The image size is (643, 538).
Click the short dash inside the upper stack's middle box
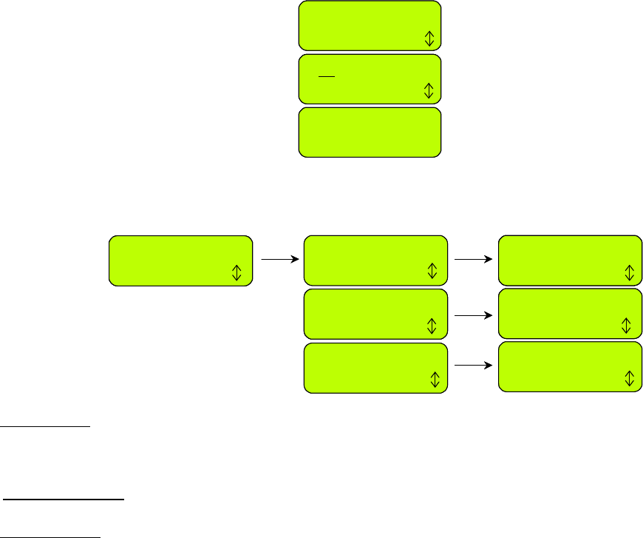[x=327, y=76]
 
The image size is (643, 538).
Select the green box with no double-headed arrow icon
[x=370, y=132]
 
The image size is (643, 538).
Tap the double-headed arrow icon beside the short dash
[x=429, y=91]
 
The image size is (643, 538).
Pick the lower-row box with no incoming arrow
[x=180, y=260]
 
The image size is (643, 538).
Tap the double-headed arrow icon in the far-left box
[x=237, y=273]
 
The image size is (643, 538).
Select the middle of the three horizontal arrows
[x=474, y=315]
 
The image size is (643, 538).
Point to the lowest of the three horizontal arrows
[x=474, y=365]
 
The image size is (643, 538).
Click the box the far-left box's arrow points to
[x=375, y=261]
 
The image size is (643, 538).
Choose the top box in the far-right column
[x=570, y=260]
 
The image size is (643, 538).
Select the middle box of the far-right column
[x=570, y=313]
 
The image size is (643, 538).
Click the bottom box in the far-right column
[x=570, y=366]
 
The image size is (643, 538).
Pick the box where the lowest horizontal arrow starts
[x=375, y=368]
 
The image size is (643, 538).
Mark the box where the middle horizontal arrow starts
[x=375, y=315]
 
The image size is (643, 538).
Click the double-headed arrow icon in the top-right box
[x=629, y=272]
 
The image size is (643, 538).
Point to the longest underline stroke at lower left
[x=64, y=500]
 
